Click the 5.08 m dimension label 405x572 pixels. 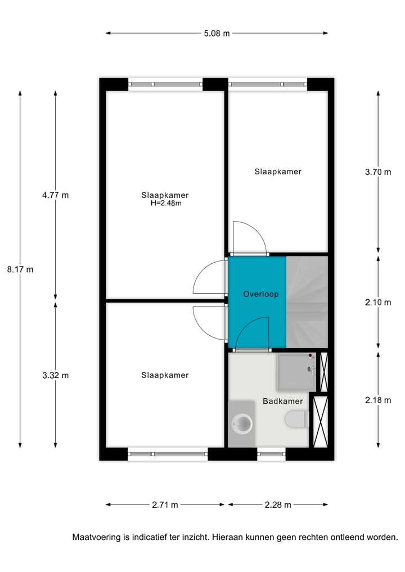pyautogui.click(x=217, y=33)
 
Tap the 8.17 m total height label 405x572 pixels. pyautogui.click(x=20, y=269)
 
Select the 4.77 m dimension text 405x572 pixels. pyautogui.click(x=55, y=195)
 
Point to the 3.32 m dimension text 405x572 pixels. pyautogui.click(x=55, y=375)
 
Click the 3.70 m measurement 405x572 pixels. pyautogui.click(x=378, y=172)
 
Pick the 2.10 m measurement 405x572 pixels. pyautogui.click(x=378, y=302)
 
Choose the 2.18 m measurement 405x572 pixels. pyautogui.click(x=378, y=400)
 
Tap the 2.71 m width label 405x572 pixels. pyautogui.click(x=165, y=505)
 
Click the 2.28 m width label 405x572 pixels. pyautogui.click(x=278, y=505)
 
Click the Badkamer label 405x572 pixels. pyautogui.click(x=282, y=402)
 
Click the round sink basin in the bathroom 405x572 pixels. pyautogui.click(x=242, y=424)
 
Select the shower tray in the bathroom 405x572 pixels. pyautogui.click(x=296, y=371)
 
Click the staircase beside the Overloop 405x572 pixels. pyautogui.click(x=307, y=302)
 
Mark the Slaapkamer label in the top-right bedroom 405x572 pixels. pyautogui.click(x=277, y=172)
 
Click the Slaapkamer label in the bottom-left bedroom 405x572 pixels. pyautogui.click(x=165, y=375)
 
